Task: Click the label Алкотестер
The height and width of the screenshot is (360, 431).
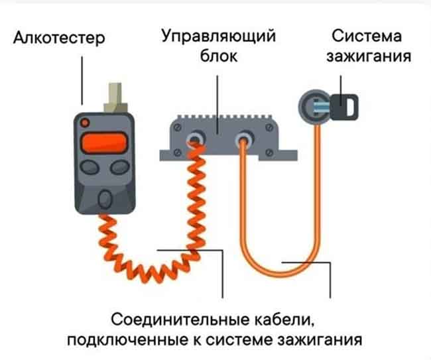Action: point(59,39)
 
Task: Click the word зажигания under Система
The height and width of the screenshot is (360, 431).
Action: point(367,56)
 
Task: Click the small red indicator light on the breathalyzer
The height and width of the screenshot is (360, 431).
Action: point(84,123)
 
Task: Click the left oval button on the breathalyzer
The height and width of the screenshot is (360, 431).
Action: point(88,167)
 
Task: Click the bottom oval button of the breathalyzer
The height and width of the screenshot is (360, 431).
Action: point(104,198)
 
